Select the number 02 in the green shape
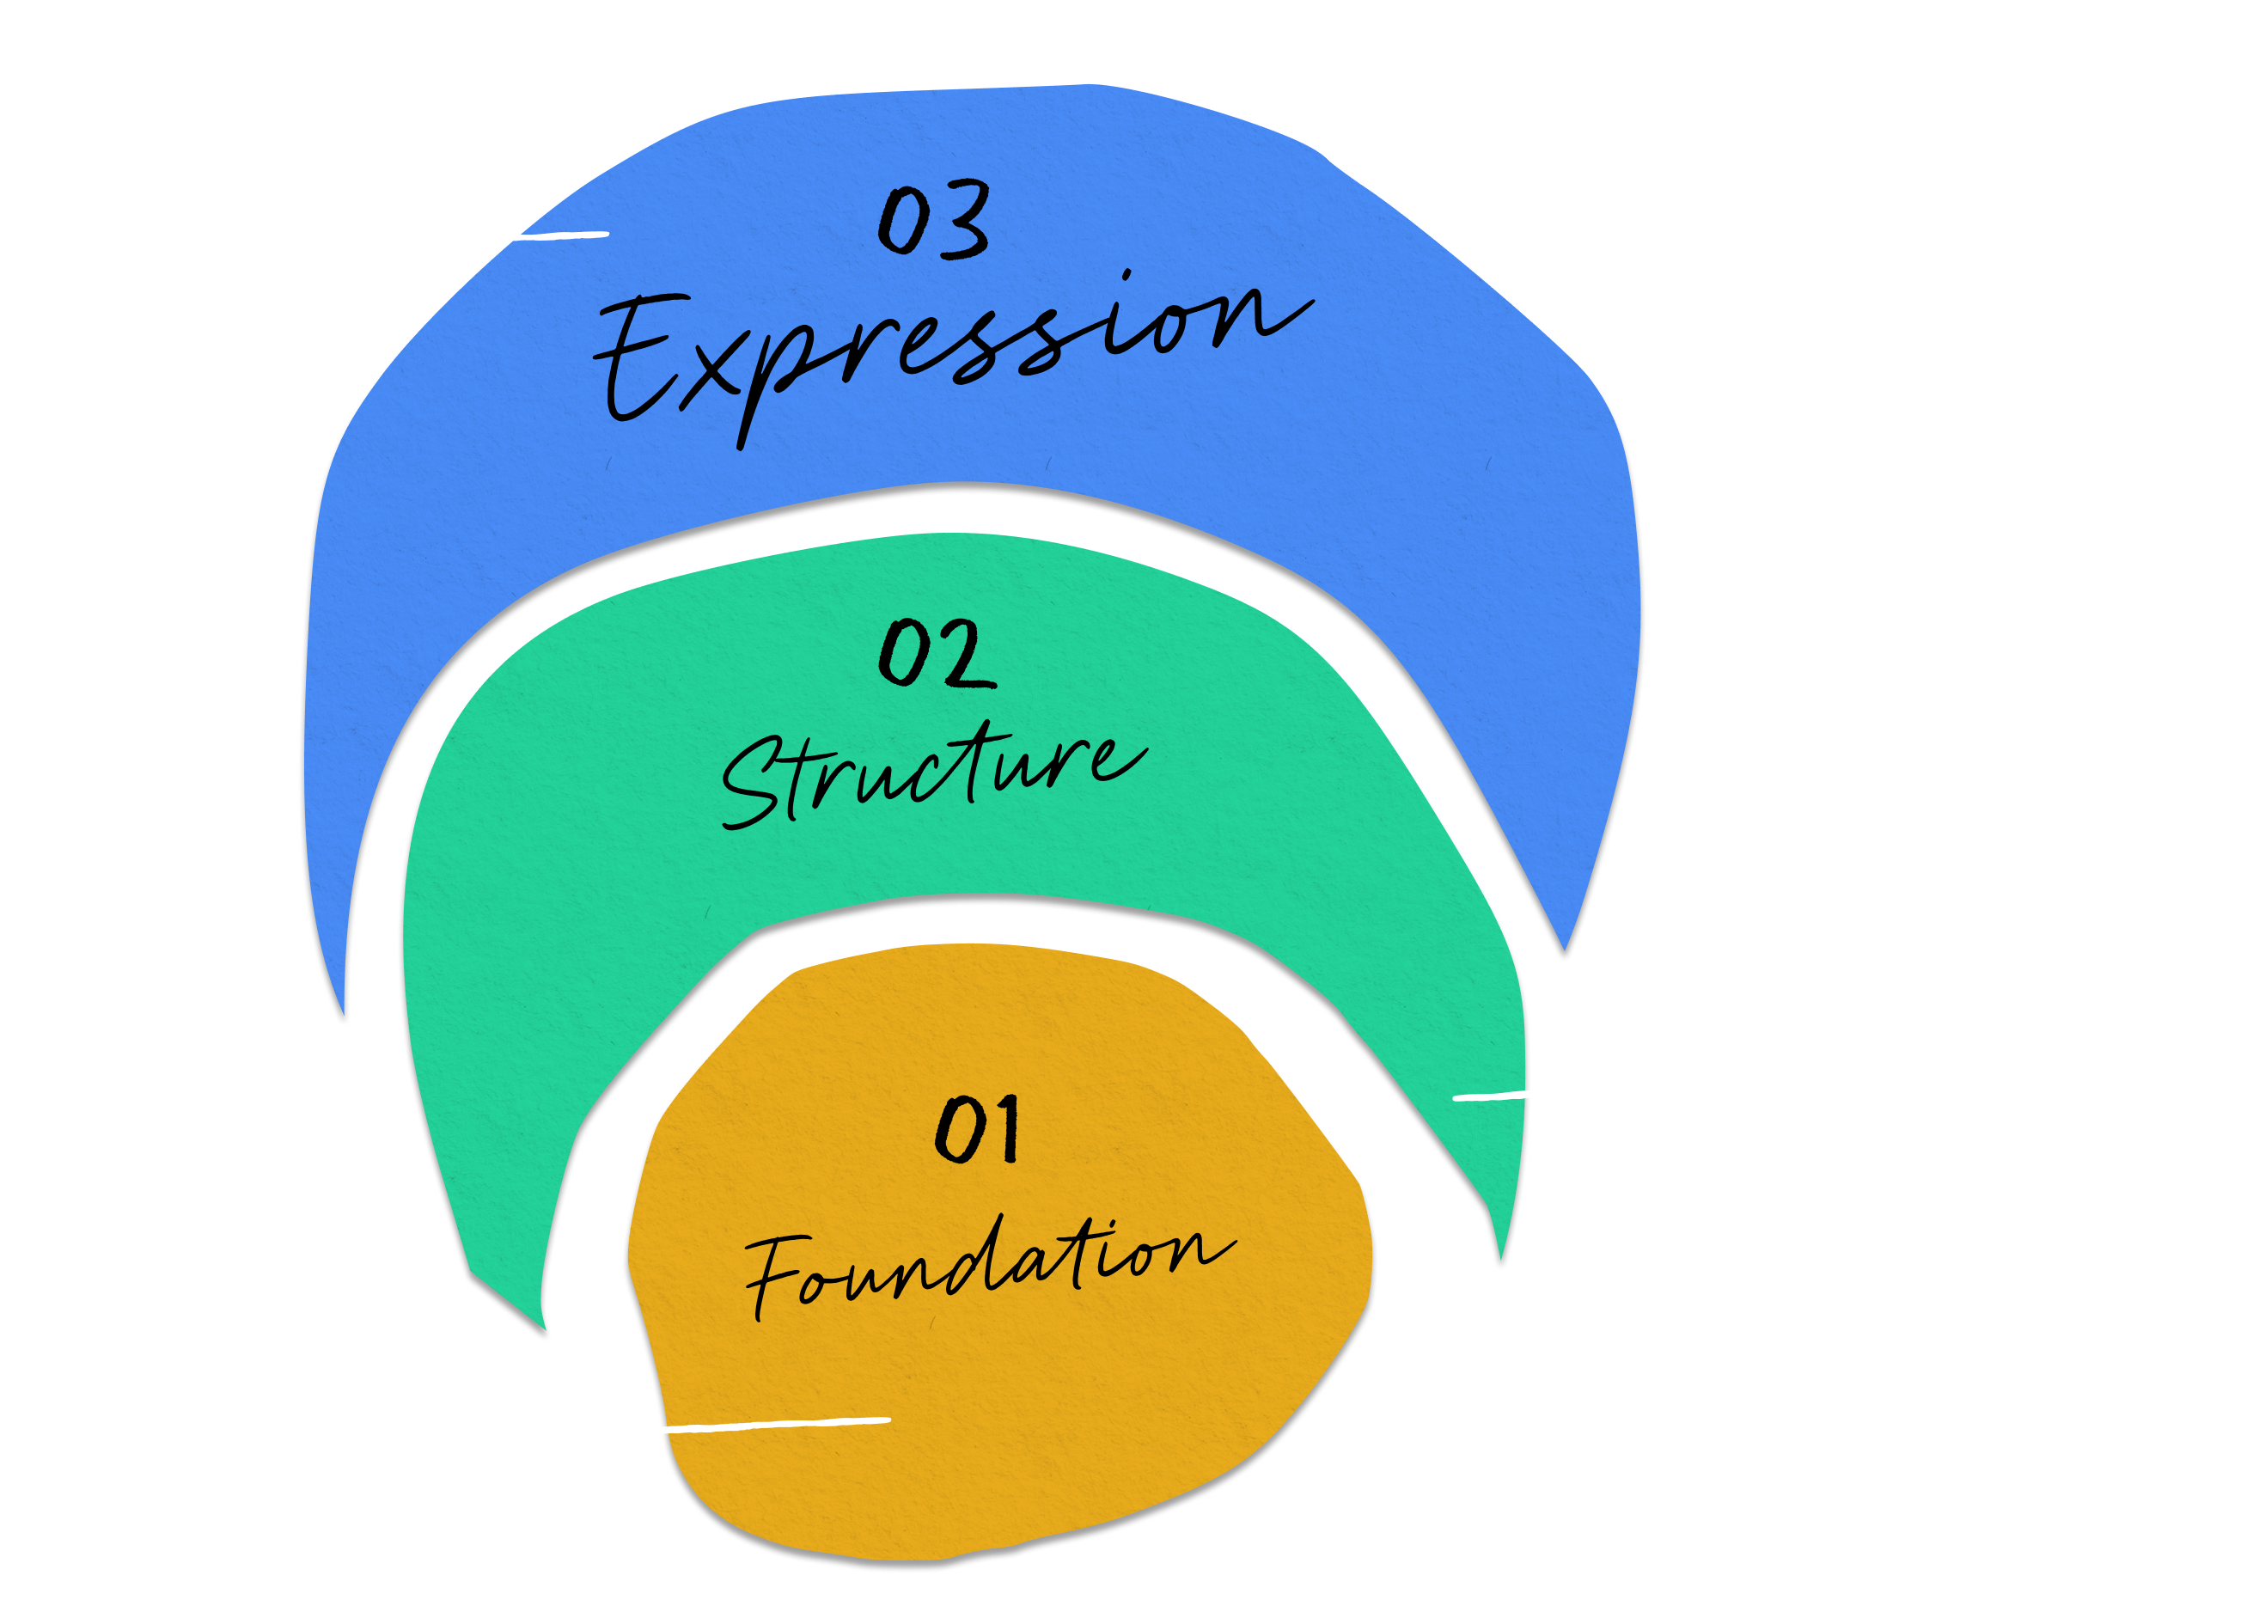point(935,654)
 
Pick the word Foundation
point(986,1266)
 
